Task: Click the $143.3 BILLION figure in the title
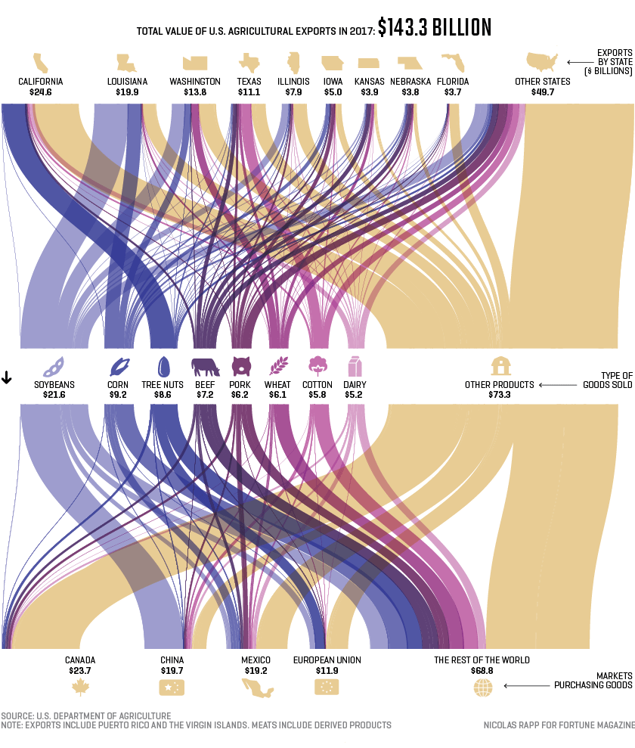(x=435, y=27)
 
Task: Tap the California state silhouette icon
(x=41, y=63)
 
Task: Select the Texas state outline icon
(x=249, y=63)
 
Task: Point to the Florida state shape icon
(x=453, y=63)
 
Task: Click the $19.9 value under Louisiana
(x=127, y=92)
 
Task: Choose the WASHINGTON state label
(x=195, y=82)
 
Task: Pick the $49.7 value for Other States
(x=543, y=92)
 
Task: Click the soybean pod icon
(x=54, y=367)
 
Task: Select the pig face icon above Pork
(x=241, y=366)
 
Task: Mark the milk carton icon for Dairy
(x=355, y=366)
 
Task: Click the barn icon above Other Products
(x=500, y=366)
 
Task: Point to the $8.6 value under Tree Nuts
(x=163, y=395)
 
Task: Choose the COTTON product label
(x=317, y=384)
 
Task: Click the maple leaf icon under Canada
(x=81, y=687)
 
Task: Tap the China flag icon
(x=172, y=687)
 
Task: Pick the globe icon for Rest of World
(x=483, y=687)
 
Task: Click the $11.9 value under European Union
(x=327, y=671)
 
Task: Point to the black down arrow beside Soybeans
(x=7, y=377)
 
